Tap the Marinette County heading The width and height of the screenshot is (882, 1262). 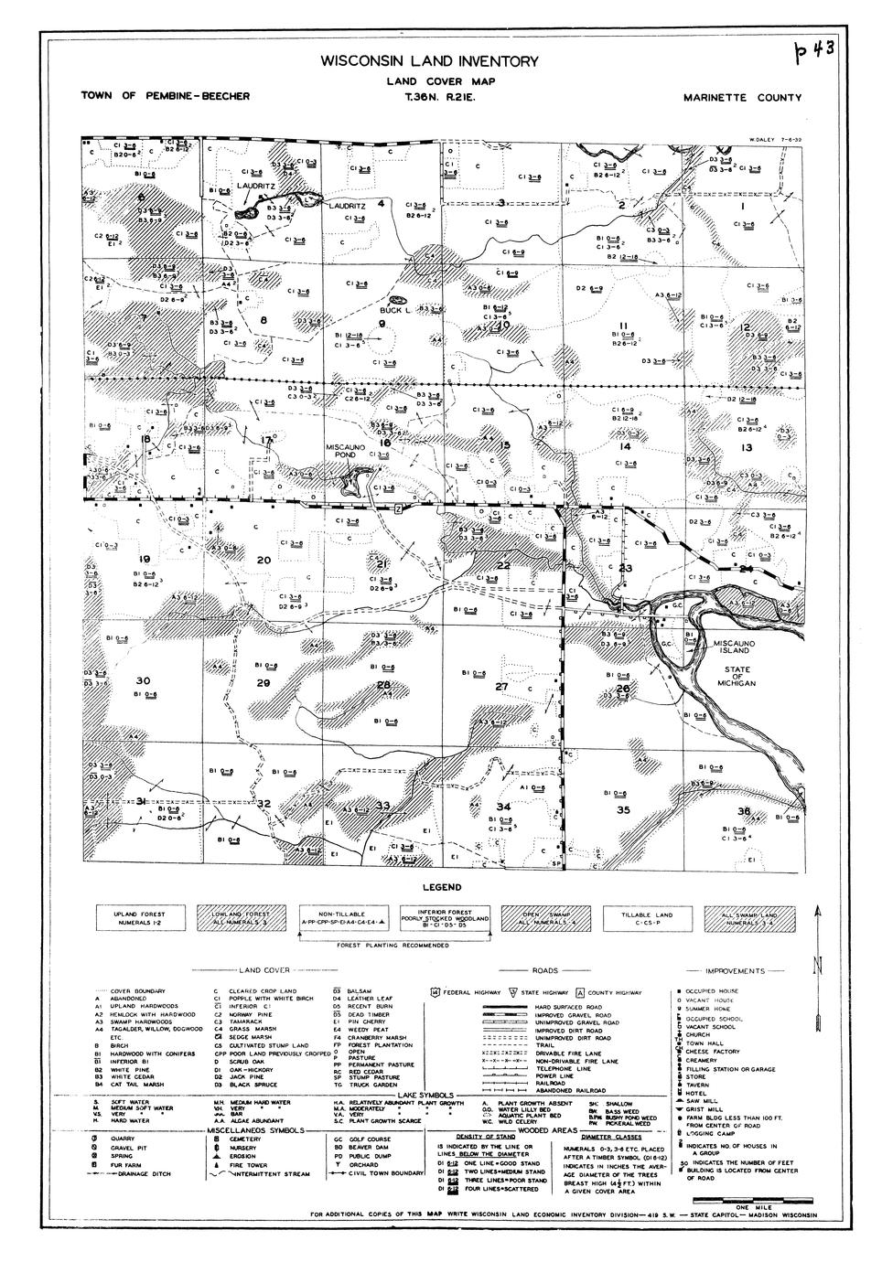[742, 98]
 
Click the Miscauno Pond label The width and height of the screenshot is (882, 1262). [346, 450]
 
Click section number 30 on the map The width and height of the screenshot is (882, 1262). [142, 681]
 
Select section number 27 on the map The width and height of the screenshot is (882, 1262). [501, 687]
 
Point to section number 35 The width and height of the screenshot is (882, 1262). [623, 809]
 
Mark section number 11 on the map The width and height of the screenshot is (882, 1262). [622, 326]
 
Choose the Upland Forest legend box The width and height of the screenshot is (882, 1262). [138, 918]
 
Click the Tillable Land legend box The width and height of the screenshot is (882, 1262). [647, 918]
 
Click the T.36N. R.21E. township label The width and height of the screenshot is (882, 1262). [434, 97]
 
